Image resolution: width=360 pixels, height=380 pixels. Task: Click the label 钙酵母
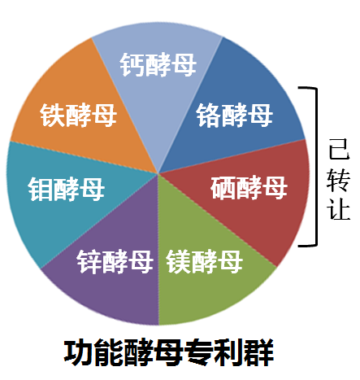[x=158, y=64]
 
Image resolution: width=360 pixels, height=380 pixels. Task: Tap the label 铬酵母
[x=235, y=116]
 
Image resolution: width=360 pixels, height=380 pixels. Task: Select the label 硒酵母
[x=249, y=188]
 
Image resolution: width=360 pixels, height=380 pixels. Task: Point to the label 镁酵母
[x=205, y=262]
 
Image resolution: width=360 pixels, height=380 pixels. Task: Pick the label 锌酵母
[x=115, y=262]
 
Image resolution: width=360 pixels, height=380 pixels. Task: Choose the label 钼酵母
[x=67, y=190]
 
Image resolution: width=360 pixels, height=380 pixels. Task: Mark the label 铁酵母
[x=79, y=116]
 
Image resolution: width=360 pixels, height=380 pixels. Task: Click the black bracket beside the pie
[x=316, y=167]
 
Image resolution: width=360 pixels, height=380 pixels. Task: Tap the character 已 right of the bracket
[x=339, y=149]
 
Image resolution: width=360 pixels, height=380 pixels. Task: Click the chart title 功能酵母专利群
[x=169, y=352]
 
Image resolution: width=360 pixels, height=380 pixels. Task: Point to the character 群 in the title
[x=258, y=352]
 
